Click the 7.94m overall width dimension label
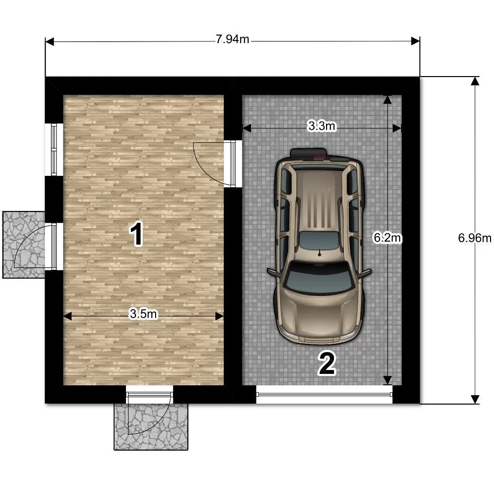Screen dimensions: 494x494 tap(233, 40)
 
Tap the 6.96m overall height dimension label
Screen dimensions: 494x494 tap(475, 238)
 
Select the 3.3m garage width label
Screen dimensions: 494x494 tap(322, 126)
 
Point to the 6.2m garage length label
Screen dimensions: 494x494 tap(387, 238)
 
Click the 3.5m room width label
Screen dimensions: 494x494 tap(143, 314)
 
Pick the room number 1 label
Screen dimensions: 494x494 tap(137, 234)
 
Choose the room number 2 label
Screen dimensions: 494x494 tap(327, 364)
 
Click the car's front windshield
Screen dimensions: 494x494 tap(318, 278)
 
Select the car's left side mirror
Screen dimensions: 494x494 tap(273, 273)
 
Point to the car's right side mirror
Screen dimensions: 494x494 tap(365, 273)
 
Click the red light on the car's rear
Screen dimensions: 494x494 tap(319, 156)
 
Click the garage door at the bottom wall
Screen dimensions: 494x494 tap(325, 394)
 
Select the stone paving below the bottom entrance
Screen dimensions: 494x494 tap(151, 427)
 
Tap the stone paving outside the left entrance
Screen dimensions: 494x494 tap(24, 245)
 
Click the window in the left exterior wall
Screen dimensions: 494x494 tap(54, 149)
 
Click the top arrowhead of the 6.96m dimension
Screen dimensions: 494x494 tap(475, 81)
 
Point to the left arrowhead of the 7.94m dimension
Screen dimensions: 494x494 tap(50, 41)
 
